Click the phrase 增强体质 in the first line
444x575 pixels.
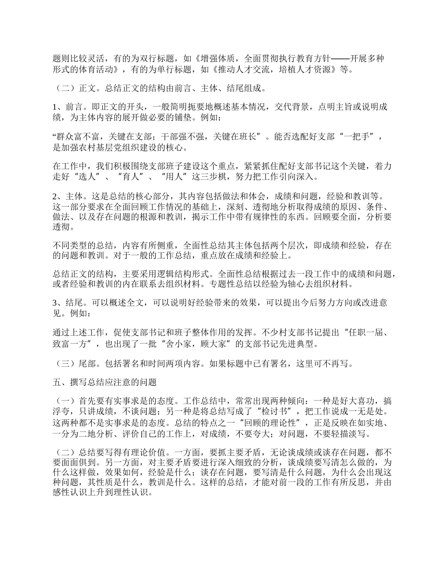(215, 59)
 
